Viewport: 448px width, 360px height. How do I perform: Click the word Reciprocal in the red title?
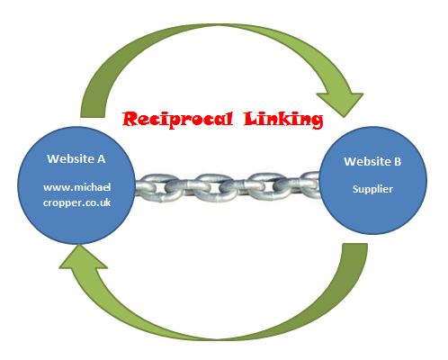coord(177,119)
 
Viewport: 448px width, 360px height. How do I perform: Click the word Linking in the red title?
coord(283,120)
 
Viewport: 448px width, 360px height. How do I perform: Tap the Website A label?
coord(76,158)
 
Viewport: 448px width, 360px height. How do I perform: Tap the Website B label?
coord(372,161)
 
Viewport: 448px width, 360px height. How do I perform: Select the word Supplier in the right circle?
coord(372,189)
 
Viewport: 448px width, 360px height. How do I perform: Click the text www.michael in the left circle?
coord(77,187)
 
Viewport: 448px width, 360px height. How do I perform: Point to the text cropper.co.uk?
coord(77,202)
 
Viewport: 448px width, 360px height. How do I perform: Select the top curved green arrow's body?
coord(216,30)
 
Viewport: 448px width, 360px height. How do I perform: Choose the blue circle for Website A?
coord(76,185)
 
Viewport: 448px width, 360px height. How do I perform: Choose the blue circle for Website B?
coord(372,180)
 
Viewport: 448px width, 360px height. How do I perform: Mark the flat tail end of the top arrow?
coord(93,117)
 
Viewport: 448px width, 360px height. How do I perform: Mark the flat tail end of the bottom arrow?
coord(355,244)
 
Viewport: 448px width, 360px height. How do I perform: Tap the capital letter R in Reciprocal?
coord(130,119)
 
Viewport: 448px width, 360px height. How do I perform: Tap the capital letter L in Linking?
coord(251,119)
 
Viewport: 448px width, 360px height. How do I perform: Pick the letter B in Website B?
coord(398,161)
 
